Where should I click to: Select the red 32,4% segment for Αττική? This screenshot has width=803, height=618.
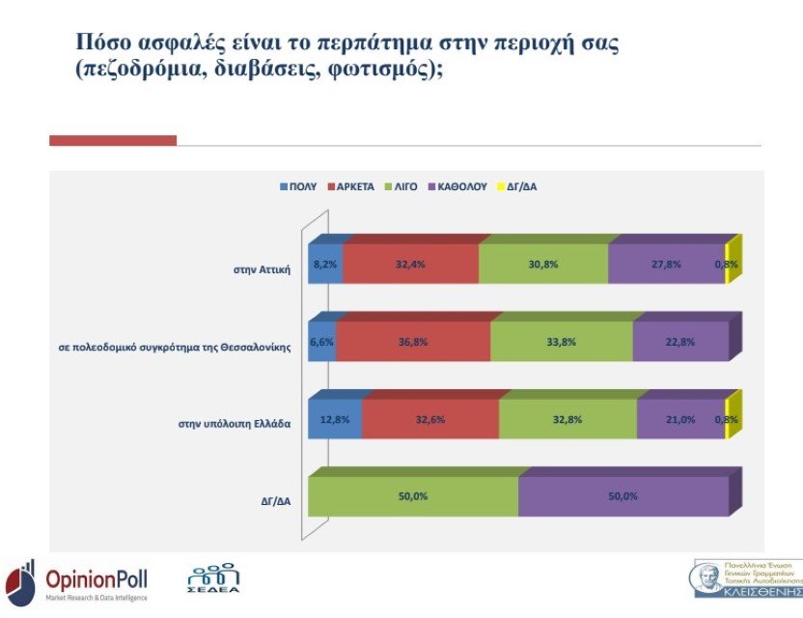click(x=410, y=264)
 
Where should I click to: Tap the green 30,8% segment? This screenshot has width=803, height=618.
click(x=543, y=264)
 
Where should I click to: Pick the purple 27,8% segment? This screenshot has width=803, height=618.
click(x=666, y=264)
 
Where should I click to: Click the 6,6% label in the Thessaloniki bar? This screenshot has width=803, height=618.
click(x=320, y=342)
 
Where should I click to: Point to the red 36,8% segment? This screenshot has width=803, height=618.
click(x=413, y=342)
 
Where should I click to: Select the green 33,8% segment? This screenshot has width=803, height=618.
click(x=561, y=342)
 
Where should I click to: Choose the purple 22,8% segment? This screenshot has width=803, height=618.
click(x=679, y=342)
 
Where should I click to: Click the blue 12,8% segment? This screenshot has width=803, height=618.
click(x=335, y=419)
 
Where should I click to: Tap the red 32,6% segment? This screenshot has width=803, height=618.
click(x=430, y=419)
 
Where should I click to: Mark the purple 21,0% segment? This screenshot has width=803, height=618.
click(x=679, y=419)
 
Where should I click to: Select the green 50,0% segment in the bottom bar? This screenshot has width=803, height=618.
click(x=413, y=496)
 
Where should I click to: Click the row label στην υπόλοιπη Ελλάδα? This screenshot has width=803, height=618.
click(x=235, y=424)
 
